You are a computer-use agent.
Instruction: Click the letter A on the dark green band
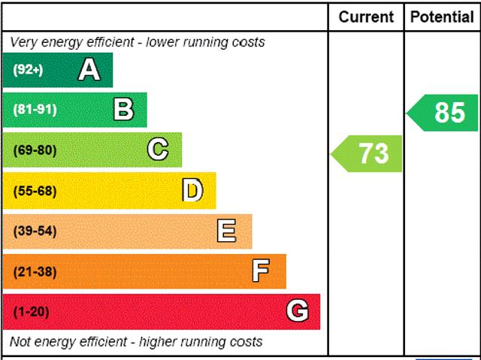[89, 70]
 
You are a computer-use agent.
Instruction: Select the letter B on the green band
[123, 110]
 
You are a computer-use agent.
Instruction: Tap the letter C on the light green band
[158, 150]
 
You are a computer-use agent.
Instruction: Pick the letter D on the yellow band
[192, 190]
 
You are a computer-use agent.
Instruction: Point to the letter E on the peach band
[226, 231]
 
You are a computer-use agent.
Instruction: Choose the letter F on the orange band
[261, 271]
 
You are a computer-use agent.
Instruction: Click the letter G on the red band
[298, 311]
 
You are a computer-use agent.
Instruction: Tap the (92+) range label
[29, 71]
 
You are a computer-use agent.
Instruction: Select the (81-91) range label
[35, 110]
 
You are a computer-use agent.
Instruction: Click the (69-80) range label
[35, 150]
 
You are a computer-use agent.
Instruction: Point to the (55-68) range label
[35, 191]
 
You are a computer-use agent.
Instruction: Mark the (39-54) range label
[35, 231]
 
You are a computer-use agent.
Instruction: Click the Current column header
[366, 17]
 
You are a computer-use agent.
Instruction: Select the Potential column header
[442, 17]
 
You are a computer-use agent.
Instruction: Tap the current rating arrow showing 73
[368, 153]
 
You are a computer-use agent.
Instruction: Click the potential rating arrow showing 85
[444, 113]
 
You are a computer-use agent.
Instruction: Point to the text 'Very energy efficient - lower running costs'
[138, 42]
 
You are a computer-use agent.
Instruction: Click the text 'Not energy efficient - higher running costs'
[136, 342]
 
